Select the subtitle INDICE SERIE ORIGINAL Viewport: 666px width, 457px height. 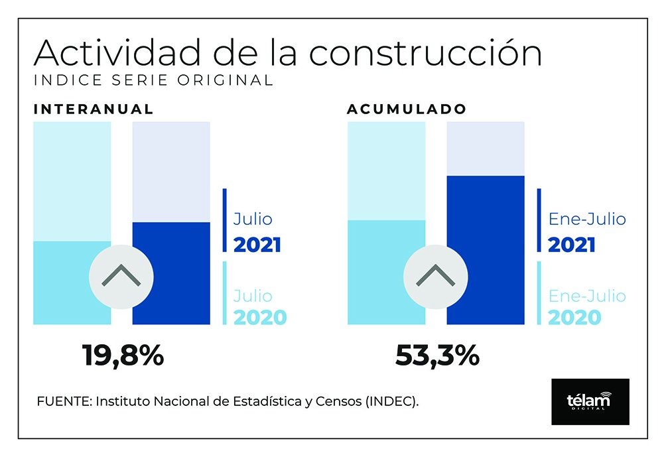tap(153, 81)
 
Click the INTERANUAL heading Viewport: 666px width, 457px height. tap(94, 109)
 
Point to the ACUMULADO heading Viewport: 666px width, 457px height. tap(407, 109)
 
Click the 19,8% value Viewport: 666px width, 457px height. tap(123, 356)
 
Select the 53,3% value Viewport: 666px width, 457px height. tap(437, 356)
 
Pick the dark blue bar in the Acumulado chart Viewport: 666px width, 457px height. tap(486, 250)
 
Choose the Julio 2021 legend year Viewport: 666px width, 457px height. tap(257, 245)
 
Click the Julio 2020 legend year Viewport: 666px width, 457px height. tap(260, 317)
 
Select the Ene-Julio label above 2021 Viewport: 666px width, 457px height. tap(587, 220)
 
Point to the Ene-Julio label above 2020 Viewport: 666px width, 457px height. tap(587, 295)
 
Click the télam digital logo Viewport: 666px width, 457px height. tap(590, 401)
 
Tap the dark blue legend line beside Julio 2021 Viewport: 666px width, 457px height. tap(225, 220)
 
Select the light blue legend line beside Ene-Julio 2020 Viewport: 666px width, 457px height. tap(539, 293)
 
